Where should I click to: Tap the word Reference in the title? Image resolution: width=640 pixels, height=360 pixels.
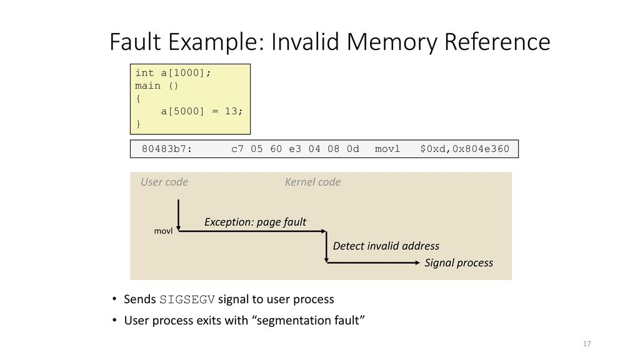point(497,42)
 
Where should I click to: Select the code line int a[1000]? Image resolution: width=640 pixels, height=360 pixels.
point(173,73)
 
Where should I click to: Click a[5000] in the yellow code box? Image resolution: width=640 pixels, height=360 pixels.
point(182,111)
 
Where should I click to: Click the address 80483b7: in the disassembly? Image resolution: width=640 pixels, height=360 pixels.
point(166,149)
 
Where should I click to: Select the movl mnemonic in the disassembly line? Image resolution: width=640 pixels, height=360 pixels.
point(387,149)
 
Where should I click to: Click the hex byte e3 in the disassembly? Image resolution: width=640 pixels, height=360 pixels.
point(295,149)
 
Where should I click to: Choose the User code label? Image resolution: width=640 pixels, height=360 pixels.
point(164,182)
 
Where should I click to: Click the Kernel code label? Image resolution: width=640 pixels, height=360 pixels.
point(312,182)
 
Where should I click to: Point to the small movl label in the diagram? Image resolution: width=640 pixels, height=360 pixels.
point(163,231)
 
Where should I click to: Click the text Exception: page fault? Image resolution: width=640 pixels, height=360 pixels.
point(255,222)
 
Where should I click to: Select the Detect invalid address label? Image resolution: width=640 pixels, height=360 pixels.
point(386,246)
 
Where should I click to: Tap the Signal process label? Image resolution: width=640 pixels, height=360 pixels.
point(459,263)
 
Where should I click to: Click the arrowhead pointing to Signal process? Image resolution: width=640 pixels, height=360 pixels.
point(417,263)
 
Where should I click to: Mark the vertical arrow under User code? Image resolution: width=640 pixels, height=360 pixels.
point(178,215)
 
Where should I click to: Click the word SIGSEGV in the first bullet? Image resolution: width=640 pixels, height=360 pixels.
point(187,299)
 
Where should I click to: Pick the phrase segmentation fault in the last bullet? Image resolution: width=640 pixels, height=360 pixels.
point(307,321)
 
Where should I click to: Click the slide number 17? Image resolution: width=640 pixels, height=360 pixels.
point(587,344)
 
